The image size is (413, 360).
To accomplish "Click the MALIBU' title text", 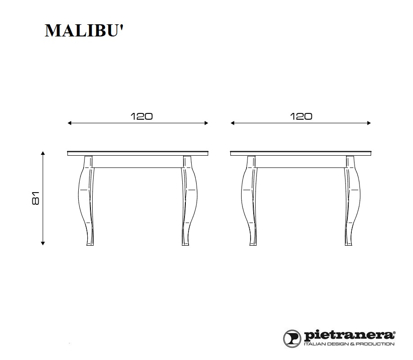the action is [x=84, y=31].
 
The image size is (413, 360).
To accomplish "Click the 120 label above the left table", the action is [x=141, y=116].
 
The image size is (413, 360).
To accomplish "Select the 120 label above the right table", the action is [x=301, y=116].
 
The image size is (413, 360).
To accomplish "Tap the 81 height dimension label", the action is [x=36, y=198].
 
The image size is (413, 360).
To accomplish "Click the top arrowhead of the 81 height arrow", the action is [x=43, y=153].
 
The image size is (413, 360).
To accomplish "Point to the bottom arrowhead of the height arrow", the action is [x=43, y=243].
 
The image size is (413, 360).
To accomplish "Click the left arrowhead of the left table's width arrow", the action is [x=70, y=123].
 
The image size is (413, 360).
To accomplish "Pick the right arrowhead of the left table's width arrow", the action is [x=206, y=123].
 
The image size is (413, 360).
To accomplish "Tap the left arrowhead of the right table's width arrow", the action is [x=232, y=123].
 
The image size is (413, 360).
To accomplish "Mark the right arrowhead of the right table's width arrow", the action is [x=369, y=123].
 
